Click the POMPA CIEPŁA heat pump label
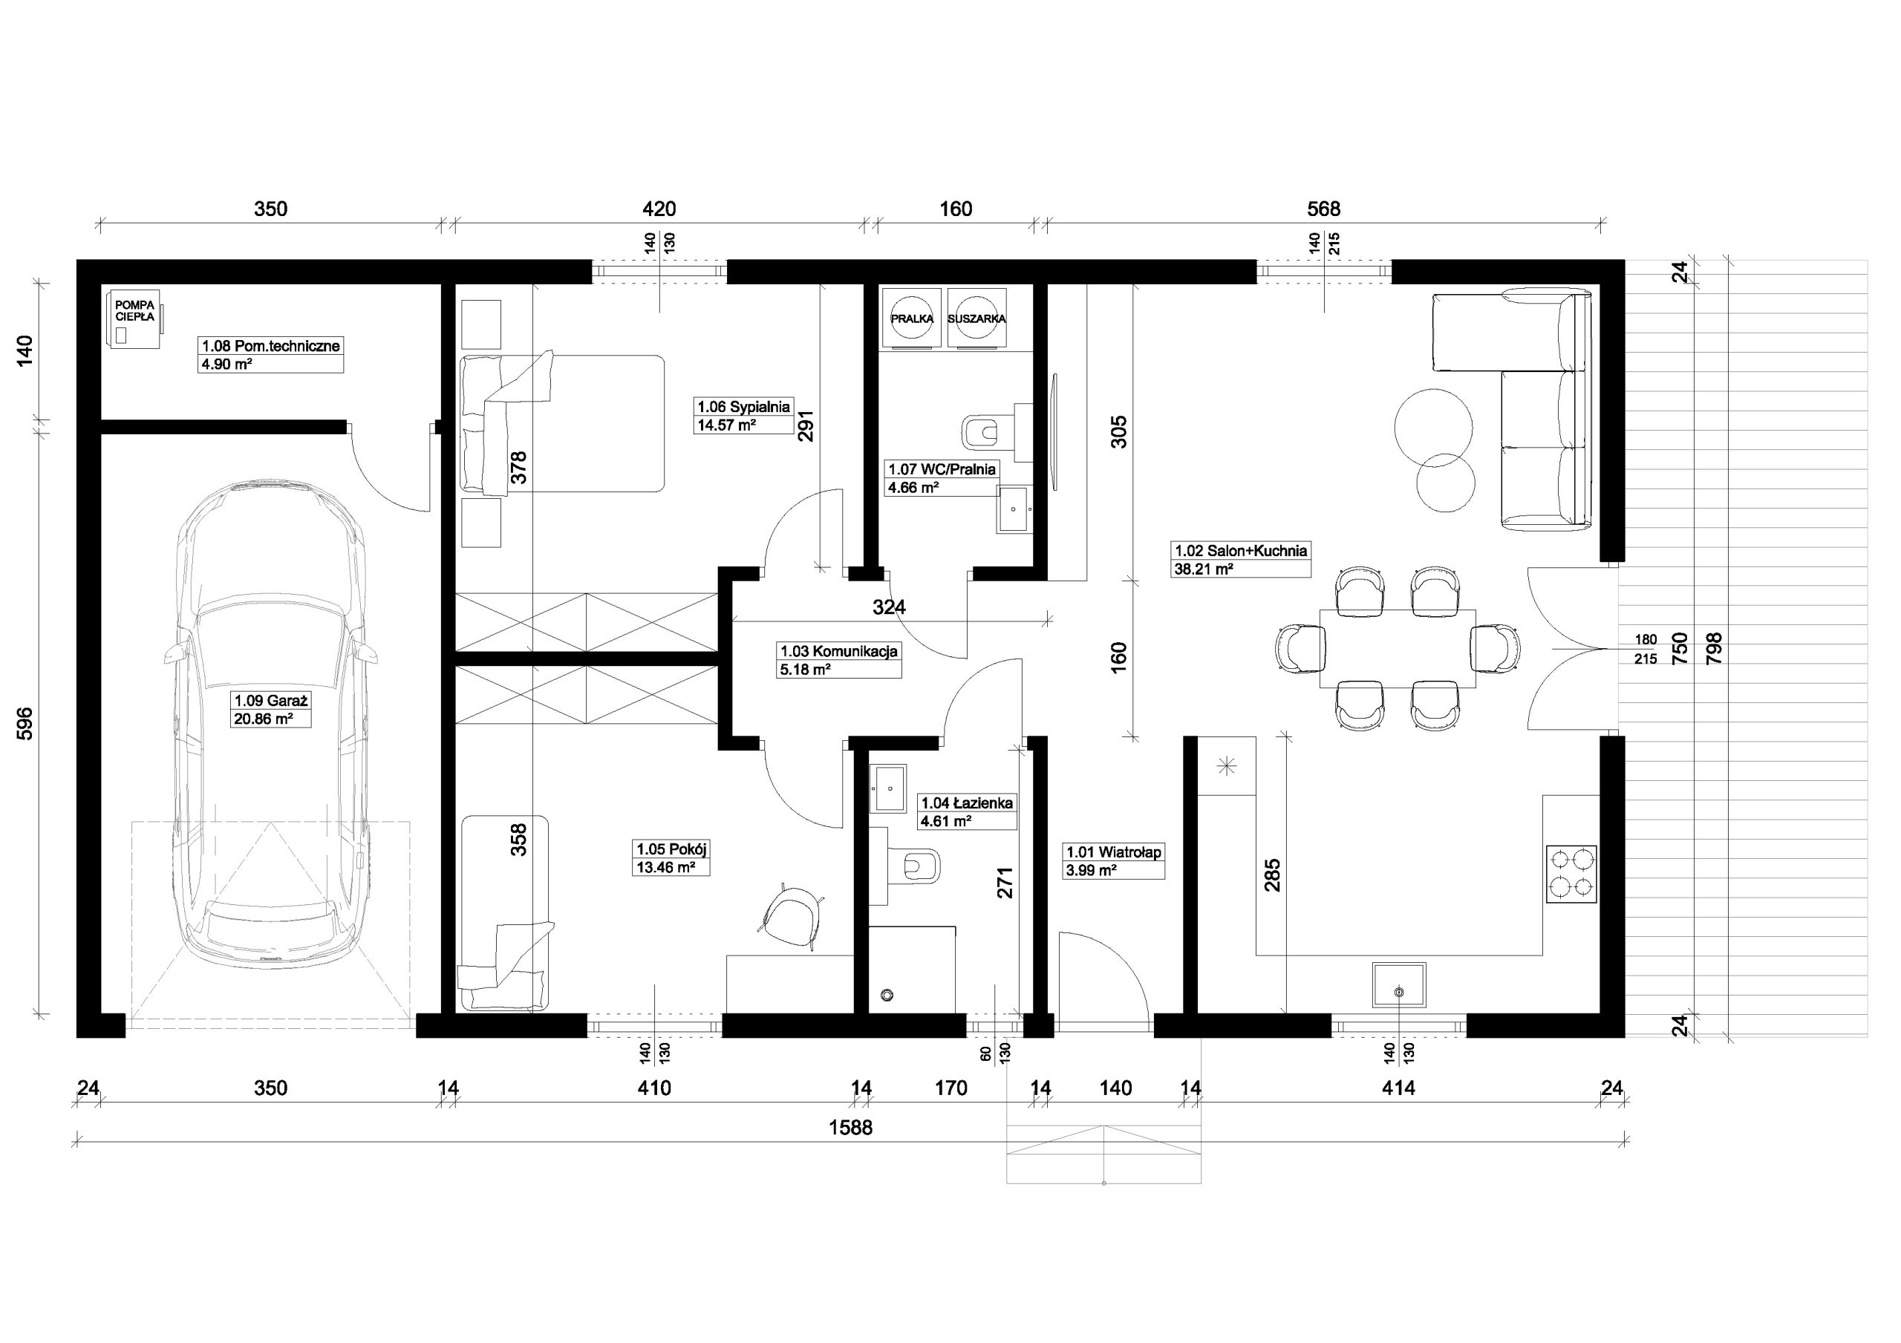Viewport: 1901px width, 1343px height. tap(134, 310)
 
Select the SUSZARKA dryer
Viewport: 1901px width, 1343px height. tap(977, 318)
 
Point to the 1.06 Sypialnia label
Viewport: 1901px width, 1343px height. tap(743, 407)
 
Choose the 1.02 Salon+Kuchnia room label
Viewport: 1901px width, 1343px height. tap(1240, 551)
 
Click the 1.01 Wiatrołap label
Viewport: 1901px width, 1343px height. tap(1114, 852)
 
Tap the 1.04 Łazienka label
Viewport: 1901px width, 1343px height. tap(967, 803)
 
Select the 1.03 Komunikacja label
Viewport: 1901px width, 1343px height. tap(838, 652)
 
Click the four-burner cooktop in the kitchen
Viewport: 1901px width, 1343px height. tap(1571, 875)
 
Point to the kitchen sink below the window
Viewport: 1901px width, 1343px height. tap(1398, 984)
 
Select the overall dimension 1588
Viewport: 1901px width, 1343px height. tap(851, 1127)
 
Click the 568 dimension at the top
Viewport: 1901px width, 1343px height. tap(1323, 209)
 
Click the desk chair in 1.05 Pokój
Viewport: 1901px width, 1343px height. tap(792, 915)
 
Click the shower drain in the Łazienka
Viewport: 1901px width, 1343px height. tap(888, 994)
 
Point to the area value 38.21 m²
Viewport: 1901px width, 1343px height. tap(1204, 569)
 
